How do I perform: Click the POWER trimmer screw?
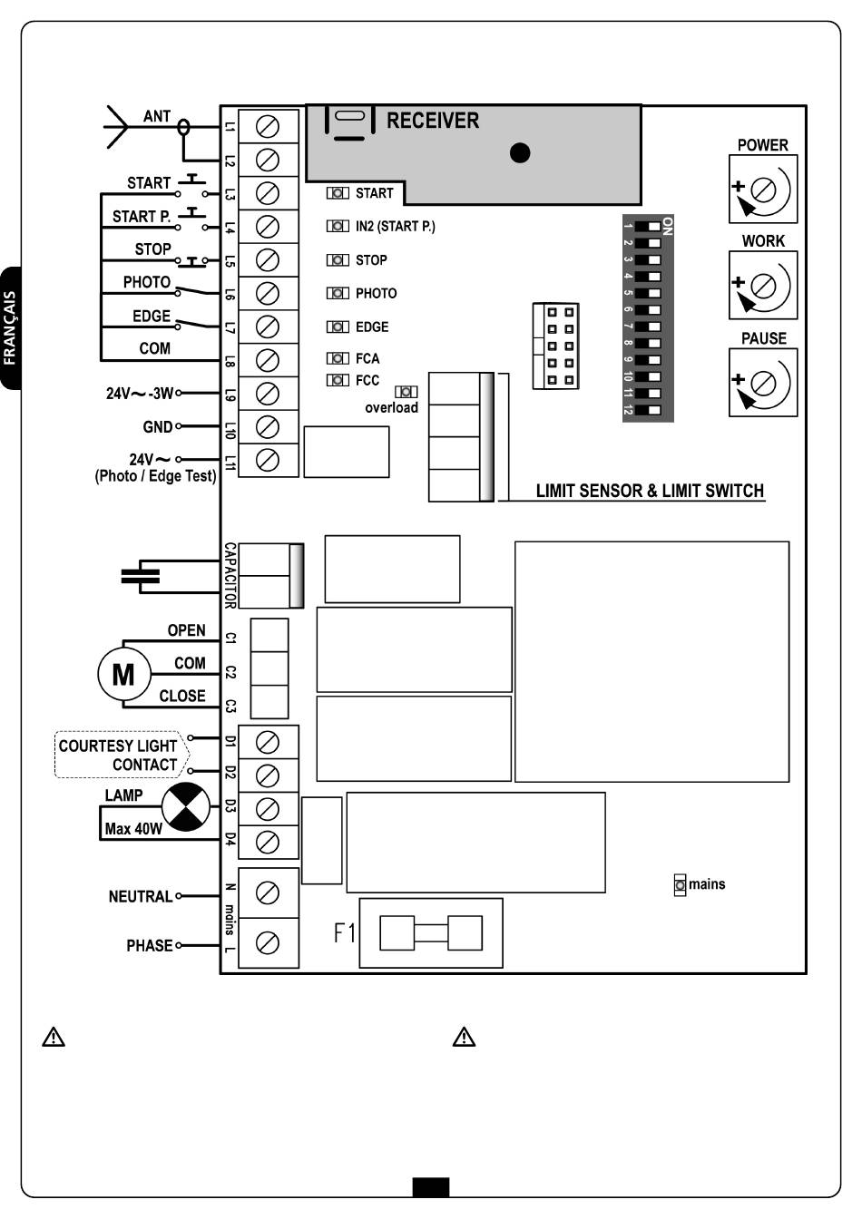[x=762, y=190]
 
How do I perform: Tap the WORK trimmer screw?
[x=762, y=286]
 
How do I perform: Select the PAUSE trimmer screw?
[x=762, y=383]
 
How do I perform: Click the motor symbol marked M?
[x=123, y=674]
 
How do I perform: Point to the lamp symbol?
[x=186, y=806]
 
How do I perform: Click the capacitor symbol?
[x=141, y=576]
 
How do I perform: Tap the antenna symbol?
[x=117, y=127]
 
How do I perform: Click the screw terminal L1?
[x=268, y=127]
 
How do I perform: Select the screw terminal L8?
[x=268, y=360]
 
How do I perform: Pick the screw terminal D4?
[x=268, y=843]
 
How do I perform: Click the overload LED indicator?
[x=406, y=391]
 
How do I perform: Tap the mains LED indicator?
[x=680, y=885]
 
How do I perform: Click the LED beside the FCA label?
[x=338, y=358]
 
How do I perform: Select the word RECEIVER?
[x=433, y=121]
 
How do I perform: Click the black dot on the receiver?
[x=520, y=153]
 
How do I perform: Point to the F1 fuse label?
[x=344, y=932]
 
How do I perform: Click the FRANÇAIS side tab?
[x=11, y=328]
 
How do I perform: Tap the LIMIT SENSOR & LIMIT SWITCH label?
[x=650, y=491]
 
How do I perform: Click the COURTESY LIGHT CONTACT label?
[x=118, y=756]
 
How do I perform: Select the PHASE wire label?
[x=149, y=946]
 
